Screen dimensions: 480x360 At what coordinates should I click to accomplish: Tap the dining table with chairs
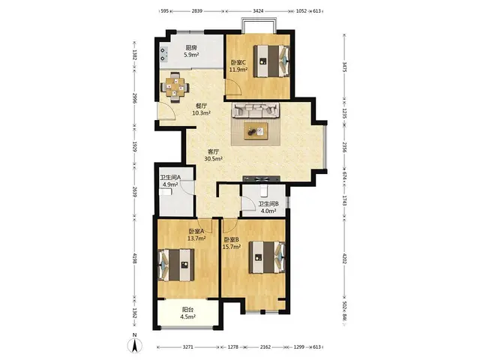coord(175,87)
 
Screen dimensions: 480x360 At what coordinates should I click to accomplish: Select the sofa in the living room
coord(256,110)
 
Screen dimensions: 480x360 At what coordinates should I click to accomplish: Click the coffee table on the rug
coord(256,131)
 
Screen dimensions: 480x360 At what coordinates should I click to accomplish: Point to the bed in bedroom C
coord(271,61)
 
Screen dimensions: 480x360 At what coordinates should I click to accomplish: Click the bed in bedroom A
coord(176,265)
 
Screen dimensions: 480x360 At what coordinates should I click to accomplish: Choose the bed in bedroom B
coord(267,257)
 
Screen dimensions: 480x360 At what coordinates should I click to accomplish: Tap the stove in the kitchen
coord(163,54)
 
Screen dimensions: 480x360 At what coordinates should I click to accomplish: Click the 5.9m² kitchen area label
coord(191,55)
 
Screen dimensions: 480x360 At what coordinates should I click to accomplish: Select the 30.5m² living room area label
coord(213,159)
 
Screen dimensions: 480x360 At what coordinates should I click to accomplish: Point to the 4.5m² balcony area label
coord(187,317)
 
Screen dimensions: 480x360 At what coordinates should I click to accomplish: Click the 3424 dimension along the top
coord(258,11)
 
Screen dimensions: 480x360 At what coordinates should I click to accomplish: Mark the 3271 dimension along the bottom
coord(188,346)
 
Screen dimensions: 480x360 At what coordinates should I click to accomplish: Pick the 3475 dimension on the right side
coord(345,67)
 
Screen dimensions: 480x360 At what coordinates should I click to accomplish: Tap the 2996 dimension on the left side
coord(134,98)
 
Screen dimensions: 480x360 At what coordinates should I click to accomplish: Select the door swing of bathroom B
coord(248,203)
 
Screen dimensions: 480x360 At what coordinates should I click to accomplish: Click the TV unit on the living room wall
coord(261,178)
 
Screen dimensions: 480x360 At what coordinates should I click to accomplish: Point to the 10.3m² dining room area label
coord(201,113)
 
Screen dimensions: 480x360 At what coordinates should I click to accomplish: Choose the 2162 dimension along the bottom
coord(265,346)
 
